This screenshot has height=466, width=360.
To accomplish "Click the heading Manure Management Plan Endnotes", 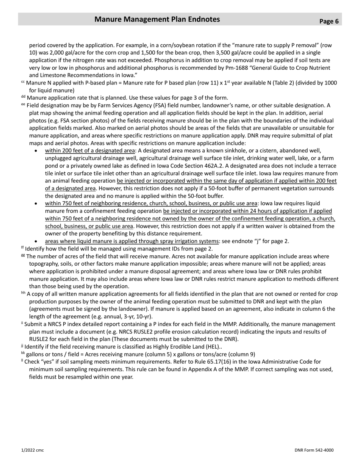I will [x=157, y=19].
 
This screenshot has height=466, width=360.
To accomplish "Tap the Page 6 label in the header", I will [x=329, y=21].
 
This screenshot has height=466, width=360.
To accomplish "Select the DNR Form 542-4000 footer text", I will [x=314, y=450].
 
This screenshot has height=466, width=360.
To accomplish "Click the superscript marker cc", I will [x=23, y=82].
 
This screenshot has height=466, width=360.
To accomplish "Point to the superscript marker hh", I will [x=23, y=293].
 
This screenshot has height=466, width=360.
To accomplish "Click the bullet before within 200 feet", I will [x=36, y=151].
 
